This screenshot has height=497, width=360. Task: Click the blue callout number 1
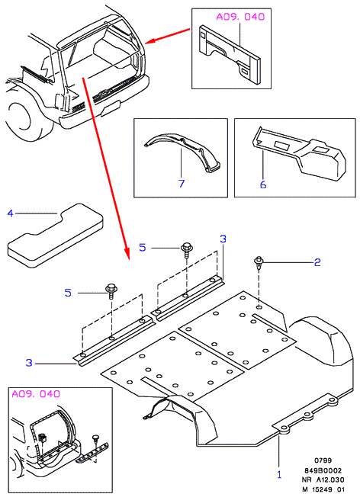click(x=279, y=475)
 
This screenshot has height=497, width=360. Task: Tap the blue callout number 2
click(x=317, y=262)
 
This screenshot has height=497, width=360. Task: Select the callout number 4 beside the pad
click(x=10, y=213)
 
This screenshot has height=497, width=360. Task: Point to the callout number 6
click(x=263, y=184)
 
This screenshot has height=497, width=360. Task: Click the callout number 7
click(x=182, y=183)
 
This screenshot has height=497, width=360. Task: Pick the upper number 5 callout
click(x=143, y=247)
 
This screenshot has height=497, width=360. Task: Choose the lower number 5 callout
click(x=68, y=293)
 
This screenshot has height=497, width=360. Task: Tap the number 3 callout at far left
click(x=29, y=363)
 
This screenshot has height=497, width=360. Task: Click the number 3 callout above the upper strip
click(x=223, y=239)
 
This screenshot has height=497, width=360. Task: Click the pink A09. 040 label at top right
click(x=240, y=17)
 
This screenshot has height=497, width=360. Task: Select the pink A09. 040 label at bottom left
click(x=36, y=393)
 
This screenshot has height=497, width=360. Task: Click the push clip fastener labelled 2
click(x=259, y=263)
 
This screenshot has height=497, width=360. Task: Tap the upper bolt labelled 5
click(x=186, y=250)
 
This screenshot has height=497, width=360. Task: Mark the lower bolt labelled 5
click(x=111, y=291)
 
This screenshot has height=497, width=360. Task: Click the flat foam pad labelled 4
click(x=55, y=235)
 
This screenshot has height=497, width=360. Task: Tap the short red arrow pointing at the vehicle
click(x=168, y=36)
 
